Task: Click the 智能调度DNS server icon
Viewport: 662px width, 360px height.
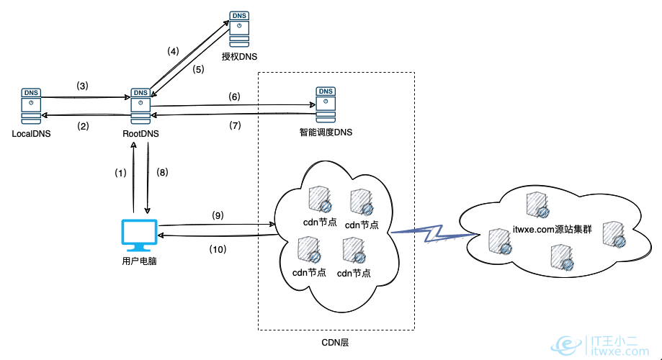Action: pyautogui.click(x=326, y=106)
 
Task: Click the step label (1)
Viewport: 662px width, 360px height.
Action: pyautogui.click(x=120, y=173)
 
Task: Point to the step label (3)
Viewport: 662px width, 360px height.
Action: pyautogui.click(x=82, y=86)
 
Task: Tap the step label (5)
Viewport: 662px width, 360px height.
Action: pyautogui.click(x=200, y=71)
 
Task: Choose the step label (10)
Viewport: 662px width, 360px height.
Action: pyautogui.click(x=218, y=249)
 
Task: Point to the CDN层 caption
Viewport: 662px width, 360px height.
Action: pyautogui.click(x=335, y=343)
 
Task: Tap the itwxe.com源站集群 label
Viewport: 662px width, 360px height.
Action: pyautogui.click(x=553, y=228)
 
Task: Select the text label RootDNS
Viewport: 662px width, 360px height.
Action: pyautogui.click(x=140, y=134)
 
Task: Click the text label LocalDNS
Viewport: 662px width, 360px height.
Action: pyautogui.click(x=32, y=134)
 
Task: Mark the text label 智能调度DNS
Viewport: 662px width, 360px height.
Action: pyautogui.click(x=326, y=132)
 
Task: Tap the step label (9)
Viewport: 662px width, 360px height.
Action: pyautogui.click(x=218, y=215)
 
